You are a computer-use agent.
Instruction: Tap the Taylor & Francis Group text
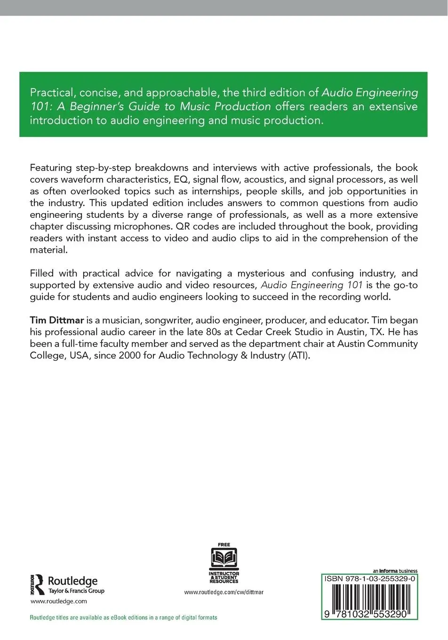76,591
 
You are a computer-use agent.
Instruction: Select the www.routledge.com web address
59,601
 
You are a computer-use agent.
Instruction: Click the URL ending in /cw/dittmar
224,592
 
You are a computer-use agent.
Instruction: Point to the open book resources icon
224,559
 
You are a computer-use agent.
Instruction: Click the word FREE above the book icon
224,544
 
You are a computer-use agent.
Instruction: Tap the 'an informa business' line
395,571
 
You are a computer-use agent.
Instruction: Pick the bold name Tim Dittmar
57,320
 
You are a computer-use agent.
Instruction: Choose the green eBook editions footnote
123,617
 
